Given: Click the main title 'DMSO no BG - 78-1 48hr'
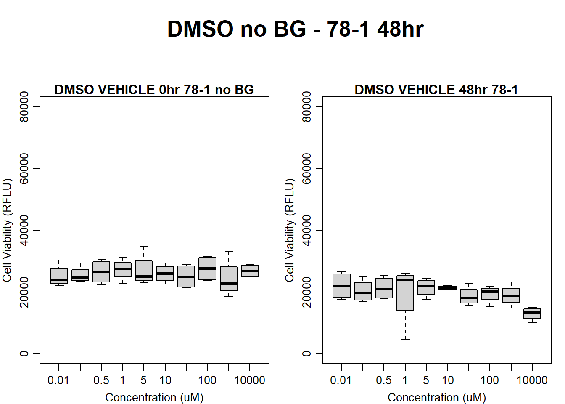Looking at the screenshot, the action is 296,29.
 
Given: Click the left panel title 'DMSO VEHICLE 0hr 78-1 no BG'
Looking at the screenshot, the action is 154,90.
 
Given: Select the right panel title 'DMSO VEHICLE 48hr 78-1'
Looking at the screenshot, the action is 436,90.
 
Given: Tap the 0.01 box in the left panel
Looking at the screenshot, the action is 59,276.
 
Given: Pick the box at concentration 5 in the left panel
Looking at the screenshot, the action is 144,271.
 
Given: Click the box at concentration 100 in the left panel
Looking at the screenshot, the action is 207,268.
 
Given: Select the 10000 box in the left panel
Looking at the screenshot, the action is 250,271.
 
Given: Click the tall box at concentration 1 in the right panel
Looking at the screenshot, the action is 405,293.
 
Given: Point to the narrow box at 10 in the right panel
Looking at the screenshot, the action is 447,288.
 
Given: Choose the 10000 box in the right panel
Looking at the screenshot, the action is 532,314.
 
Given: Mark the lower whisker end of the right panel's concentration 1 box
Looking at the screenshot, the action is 405,340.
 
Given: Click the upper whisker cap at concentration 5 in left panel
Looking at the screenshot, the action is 144,247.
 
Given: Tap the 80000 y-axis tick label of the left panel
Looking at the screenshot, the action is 24,106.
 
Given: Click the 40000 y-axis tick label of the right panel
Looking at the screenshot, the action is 306,230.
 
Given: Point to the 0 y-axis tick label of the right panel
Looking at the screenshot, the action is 306,353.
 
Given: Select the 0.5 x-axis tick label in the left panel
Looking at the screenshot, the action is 101,380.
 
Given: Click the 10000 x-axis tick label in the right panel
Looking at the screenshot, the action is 532,380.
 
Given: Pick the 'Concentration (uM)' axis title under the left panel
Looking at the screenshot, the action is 154,397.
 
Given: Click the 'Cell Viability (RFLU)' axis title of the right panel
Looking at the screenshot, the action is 290,230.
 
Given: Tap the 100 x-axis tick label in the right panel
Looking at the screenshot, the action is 490,380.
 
